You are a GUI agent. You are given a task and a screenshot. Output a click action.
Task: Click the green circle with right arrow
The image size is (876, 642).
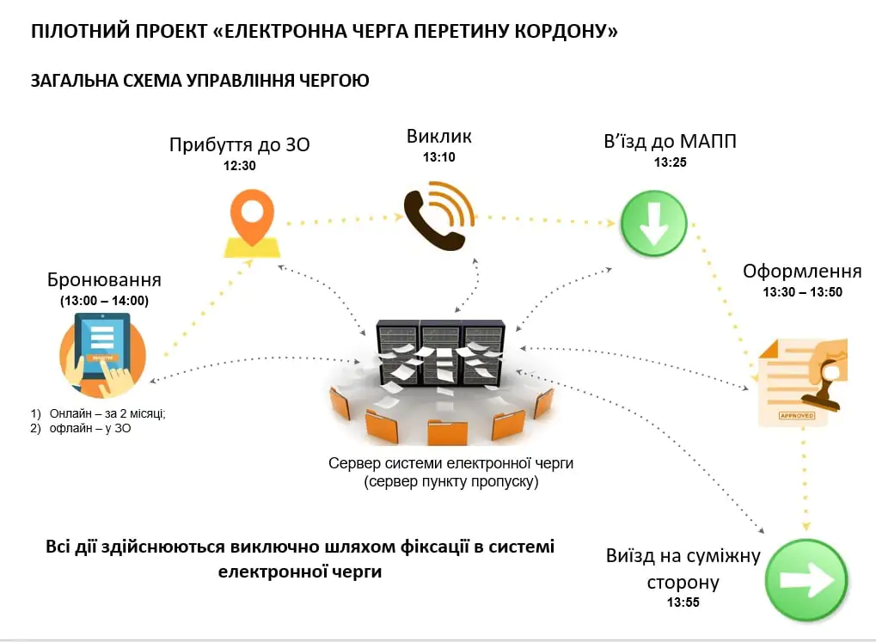(x=806, y=580)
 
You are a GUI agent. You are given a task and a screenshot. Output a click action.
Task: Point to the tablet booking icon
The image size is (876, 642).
(x=102, y=352)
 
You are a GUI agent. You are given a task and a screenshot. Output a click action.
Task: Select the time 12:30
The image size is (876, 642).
(x=240, y=167)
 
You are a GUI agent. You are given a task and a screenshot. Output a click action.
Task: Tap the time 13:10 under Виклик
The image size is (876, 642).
(x=439, y=157)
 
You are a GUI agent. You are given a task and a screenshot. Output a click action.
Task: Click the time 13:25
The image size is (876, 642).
(x=670, y=162)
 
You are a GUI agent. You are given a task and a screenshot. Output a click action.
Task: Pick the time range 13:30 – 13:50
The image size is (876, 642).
(x=802, y=292)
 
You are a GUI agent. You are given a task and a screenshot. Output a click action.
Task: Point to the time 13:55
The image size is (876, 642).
(x=683, y=602)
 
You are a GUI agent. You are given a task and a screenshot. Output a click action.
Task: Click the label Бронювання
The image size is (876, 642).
(x=105, y=280)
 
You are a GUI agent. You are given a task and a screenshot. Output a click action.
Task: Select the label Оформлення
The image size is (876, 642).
(x=802, y=272)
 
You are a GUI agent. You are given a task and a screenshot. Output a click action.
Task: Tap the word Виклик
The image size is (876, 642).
(x=439, y=137)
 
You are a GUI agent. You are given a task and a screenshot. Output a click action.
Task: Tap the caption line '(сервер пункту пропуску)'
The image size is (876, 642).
(x=450, y=482)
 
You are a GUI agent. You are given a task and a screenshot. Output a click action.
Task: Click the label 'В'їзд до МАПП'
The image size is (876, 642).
(x=670, y=141)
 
